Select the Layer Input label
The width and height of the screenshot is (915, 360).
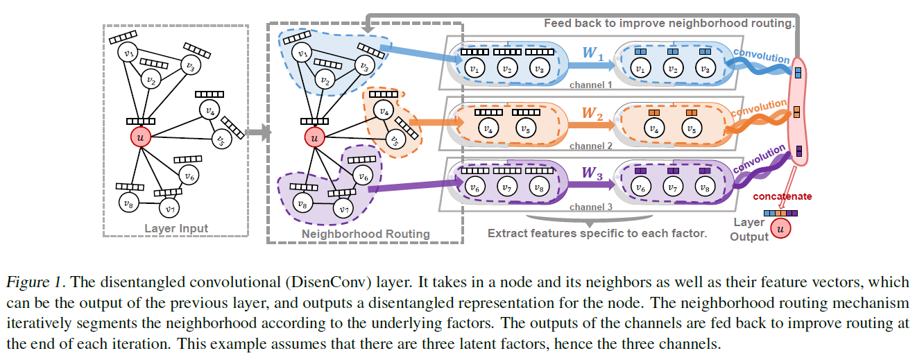point(176,228)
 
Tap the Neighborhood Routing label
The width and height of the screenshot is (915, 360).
point(365,234)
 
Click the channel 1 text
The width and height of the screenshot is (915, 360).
point(590,85)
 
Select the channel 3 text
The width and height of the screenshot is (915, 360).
point(590,207)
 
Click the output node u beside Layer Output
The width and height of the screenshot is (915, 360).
point(783,228)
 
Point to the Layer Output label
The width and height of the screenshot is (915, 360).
point(749,230)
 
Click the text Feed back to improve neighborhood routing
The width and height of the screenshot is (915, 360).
point(669,23)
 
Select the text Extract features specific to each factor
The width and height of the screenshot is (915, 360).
point(597,233)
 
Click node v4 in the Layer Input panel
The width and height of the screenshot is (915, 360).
point(207,110)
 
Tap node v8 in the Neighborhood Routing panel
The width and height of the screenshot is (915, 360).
point(300,204)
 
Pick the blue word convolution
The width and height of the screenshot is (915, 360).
point(761,55)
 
